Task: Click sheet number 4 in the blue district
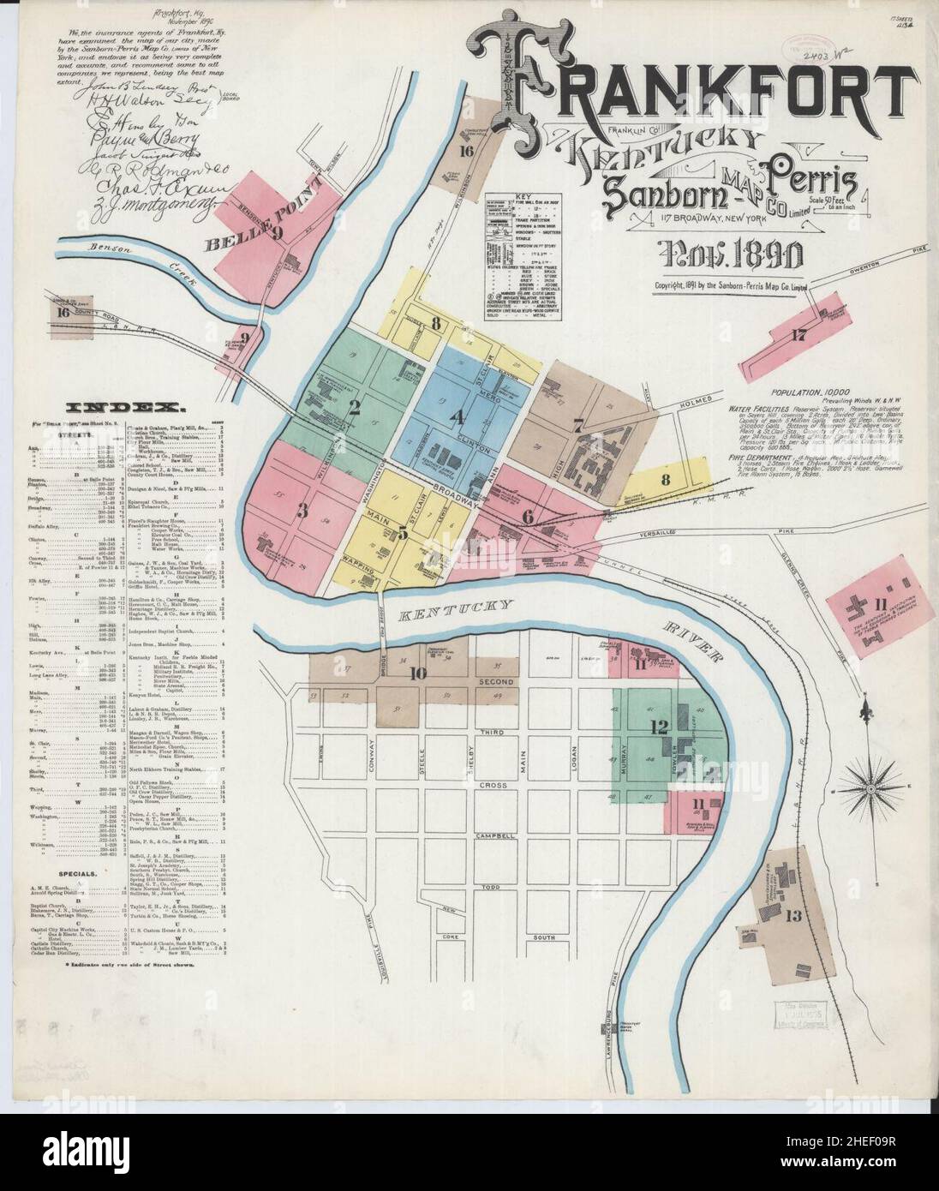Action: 458,418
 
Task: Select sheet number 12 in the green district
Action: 658,727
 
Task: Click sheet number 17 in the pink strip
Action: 798,335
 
